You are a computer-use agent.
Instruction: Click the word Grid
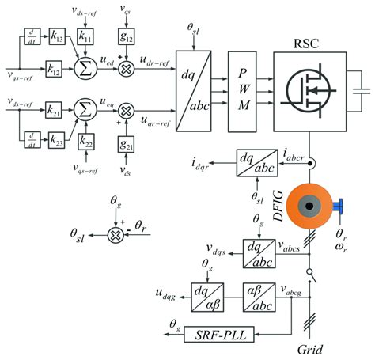[307, 348]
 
